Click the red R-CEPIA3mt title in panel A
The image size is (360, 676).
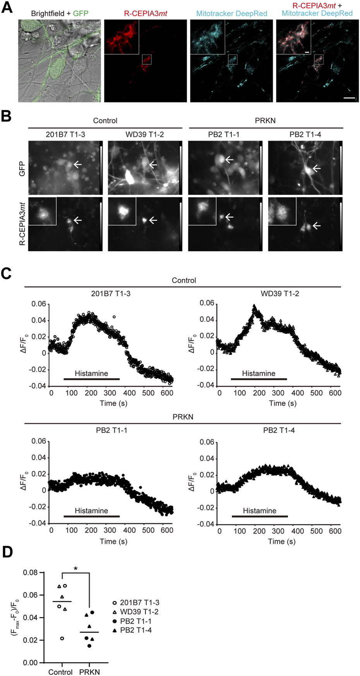coord(145,14)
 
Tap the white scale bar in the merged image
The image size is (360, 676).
coord(349,98)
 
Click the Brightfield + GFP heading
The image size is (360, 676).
coord(60,14)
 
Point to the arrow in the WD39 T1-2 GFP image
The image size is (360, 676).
coord(153,165)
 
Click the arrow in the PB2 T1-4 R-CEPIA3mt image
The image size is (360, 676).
coord(317,225)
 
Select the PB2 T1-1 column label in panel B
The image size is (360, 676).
coord(224,134)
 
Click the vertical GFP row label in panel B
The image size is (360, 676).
coord(22,168)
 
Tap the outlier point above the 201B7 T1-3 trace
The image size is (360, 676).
coord(114,317)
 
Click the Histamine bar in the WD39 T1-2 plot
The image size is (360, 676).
coord(259,379)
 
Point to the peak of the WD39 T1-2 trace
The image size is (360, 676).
coord(254,306)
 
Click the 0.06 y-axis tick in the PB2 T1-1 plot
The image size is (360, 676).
coord(39,441)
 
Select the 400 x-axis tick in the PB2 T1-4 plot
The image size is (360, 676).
coord(297,531)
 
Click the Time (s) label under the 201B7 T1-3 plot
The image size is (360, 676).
coord(113,403)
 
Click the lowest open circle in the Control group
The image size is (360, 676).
coord(62,638)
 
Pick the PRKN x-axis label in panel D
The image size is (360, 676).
coord(89,672)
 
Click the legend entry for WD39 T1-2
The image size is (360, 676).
coord(139,612)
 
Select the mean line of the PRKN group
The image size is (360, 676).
coord(89,632)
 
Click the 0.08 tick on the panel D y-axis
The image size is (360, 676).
coord(31,573)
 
